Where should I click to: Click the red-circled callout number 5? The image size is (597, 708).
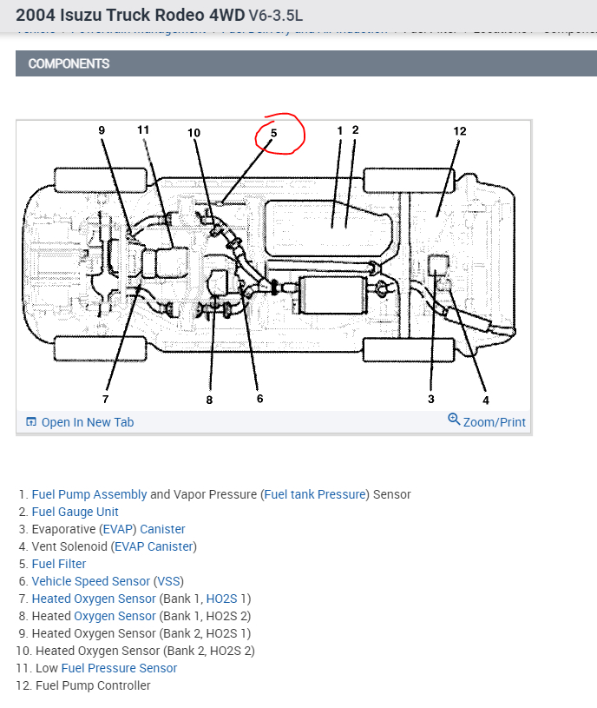(273, 134)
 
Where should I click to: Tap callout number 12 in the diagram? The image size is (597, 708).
(459, 131)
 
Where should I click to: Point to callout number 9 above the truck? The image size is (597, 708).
(102, 130)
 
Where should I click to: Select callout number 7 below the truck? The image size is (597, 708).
(105, 400)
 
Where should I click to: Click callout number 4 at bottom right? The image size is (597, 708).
(485, 400)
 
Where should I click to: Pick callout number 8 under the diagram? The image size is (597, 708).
(209, 400)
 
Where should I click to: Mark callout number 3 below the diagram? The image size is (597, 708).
(430, 400)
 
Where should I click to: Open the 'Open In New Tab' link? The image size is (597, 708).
(87, 422)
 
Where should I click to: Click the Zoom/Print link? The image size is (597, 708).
(494, 422)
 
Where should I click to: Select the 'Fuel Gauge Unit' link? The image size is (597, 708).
(75, 512)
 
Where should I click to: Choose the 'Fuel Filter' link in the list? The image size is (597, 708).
(59, 564)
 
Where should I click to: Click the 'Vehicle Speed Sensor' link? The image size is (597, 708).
(90, 581)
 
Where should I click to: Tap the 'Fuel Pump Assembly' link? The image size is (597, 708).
(89, 494)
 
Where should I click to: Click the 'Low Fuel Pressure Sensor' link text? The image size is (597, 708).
(119, 668)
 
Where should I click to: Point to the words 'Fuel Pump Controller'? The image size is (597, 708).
(93, 685)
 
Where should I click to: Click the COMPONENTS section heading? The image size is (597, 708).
(69, 63)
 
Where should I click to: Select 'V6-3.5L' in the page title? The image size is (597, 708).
(276, 16)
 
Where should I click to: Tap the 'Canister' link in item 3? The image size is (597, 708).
(162, 529)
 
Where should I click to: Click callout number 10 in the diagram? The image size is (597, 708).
(194, 133)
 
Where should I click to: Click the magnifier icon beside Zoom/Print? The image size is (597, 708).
(454, 420)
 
